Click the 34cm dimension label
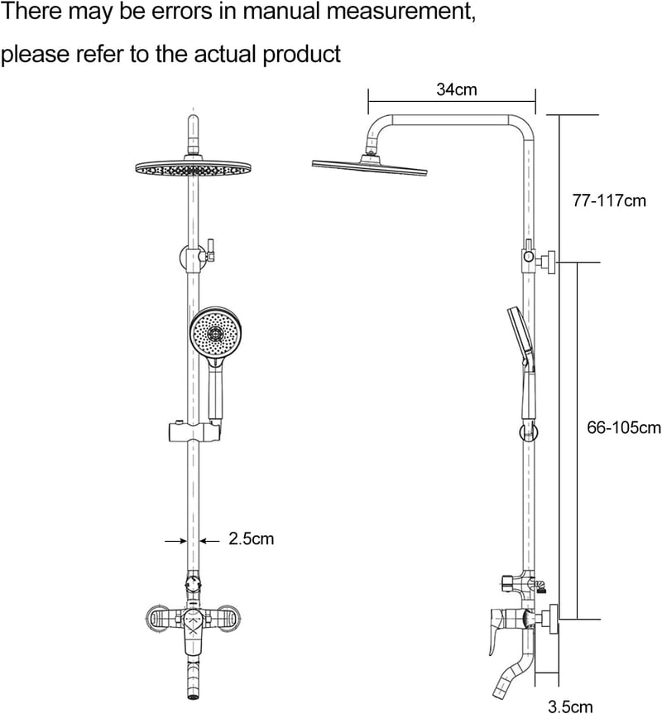point(457,89)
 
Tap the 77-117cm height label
point(609,200)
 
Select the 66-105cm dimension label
point(624,427)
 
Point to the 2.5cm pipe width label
point(252,538)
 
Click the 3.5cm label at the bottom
point(570,707)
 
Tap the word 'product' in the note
point(302,55)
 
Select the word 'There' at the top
point(31,12)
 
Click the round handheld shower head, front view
point(214,332)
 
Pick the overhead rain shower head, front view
point(194,167)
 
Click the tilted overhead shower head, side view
point(369,166)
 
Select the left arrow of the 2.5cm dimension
point(176,541)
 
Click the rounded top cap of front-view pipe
point(194,122)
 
